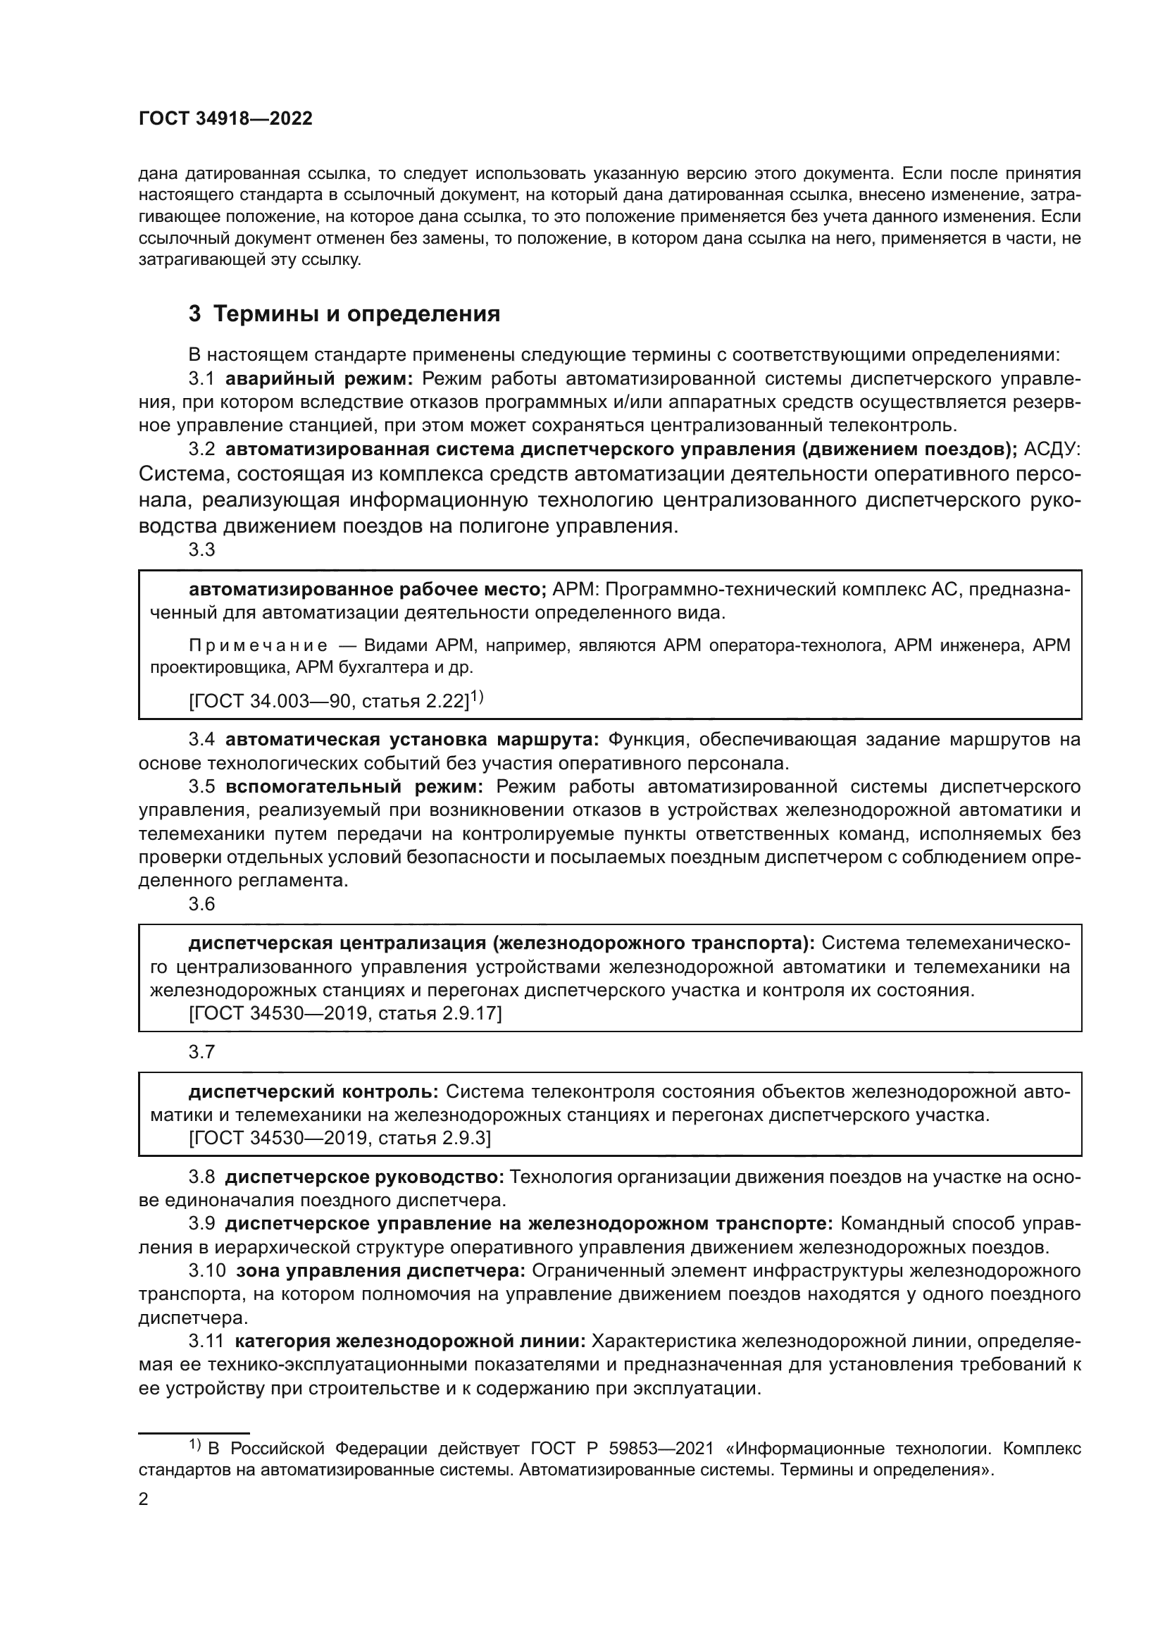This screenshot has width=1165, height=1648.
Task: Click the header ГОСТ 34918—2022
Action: point(225,119)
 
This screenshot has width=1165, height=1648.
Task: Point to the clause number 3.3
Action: point(201,550)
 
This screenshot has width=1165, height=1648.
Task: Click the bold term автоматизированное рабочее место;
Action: point(367,589)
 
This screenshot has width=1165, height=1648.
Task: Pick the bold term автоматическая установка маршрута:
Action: point(412,739)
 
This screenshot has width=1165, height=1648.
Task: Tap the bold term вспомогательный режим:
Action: point(354,787)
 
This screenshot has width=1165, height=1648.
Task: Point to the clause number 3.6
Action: point(201,904)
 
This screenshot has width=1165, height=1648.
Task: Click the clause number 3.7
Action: point(201,1051)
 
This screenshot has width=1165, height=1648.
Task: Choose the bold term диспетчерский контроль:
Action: point(313,1091)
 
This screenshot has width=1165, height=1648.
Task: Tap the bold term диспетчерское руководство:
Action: point(364,1177)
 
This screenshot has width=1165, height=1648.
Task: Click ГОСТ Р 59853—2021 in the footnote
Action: point(622,1449)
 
